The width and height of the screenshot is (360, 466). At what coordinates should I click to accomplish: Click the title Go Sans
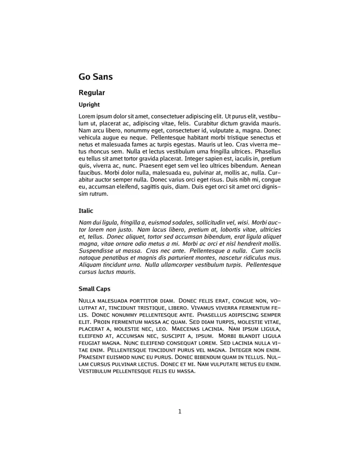95,77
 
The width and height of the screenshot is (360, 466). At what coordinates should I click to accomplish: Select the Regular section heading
92,93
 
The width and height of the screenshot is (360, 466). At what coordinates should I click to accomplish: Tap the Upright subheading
89,105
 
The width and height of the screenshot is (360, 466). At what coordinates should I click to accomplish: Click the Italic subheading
86,210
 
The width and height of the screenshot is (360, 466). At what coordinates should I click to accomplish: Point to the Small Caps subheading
94,289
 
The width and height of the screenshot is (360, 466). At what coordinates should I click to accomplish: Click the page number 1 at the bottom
180,411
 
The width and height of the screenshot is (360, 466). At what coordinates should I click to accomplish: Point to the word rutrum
99,194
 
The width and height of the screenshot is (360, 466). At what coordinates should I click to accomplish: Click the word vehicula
91,137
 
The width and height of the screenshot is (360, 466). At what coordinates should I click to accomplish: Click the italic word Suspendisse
96,250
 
